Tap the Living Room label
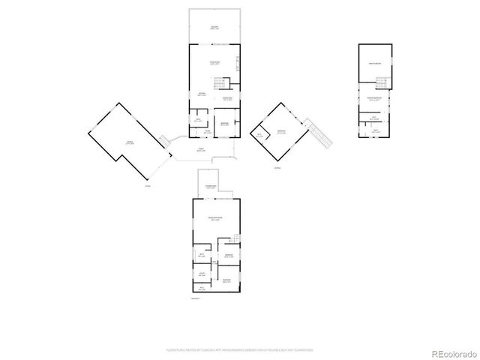(214, 63)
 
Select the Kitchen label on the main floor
(202, 94)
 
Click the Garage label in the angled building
(129, 142)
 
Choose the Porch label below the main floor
(200, 150)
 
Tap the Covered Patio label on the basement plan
(211, 187)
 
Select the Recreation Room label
(215, 219)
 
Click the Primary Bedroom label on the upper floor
(373, 99)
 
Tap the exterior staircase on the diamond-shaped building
(322, 136)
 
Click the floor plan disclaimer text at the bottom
(240, 349)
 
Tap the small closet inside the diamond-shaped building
(261, 136)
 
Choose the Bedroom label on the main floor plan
(223, 124)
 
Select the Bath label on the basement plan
(202, 257)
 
